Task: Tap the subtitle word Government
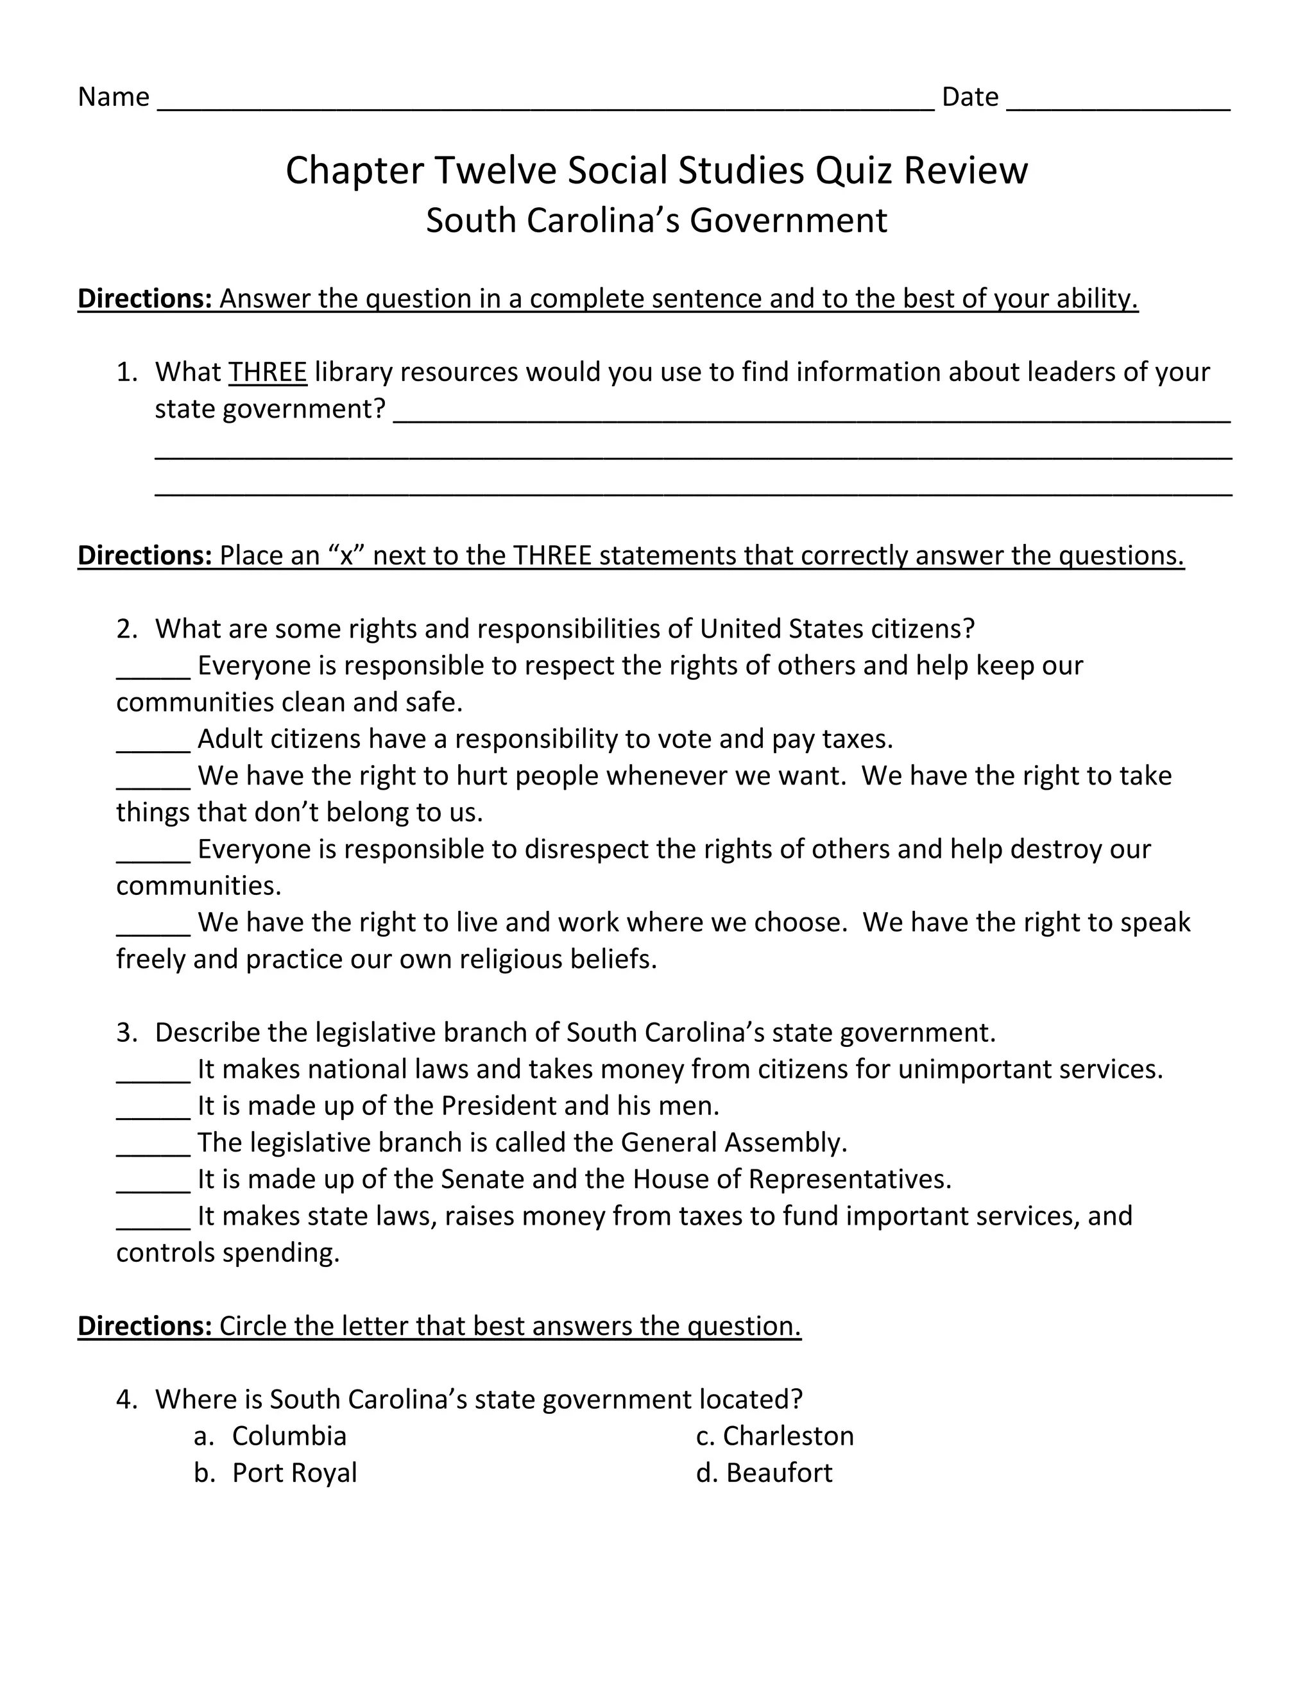(x=788, y=220)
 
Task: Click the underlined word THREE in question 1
(x=268, y=372)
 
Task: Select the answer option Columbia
(x=289, y=1436)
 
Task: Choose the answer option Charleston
(x=788, y=1436)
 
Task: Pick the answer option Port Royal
(x=294, y=1473)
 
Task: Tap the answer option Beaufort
(x=779, y=1473)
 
